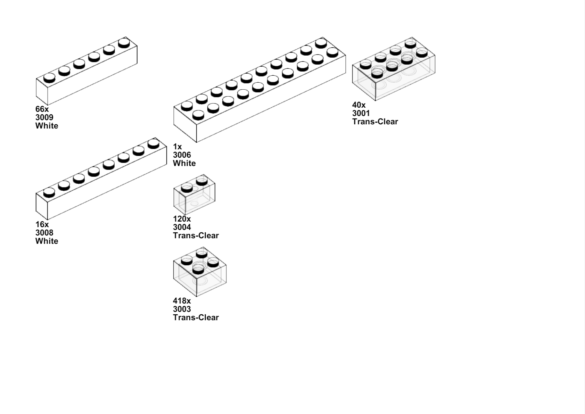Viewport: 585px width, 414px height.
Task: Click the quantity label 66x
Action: point(42,109)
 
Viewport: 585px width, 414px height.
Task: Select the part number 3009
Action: point(44,117)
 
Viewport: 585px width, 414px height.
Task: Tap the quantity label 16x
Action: point(42,224)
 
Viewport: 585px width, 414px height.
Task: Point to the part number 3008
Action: point(44,233)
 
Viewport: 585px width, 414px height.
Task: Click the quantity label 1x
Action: point(178,147)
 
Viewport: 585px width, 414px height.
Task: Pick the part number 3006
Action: point(182,155)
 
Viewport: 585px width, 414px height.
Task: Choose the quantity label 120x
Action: point(182,219)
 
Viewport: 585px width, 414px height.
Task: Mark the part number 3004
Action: point(182,227)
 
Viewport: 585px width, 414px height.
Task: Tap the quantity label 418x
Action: point(182,301)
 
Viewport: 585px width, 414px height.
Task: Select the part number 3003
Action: point(182,309)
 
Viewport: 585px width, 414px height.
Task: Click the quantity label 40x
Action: point(359,105)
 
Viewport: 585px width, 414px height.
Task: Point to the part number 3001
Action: point(361,113)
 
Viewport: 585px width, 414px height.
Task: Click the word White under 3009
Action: point(47,126)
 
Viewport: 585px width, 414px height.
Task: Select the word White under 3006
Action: point(184,163)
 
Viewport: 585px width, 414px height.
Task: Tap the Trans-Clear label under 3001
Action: point(375,122)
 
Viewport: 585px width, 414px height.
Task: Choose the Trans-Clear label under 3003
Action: point(196,317)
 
